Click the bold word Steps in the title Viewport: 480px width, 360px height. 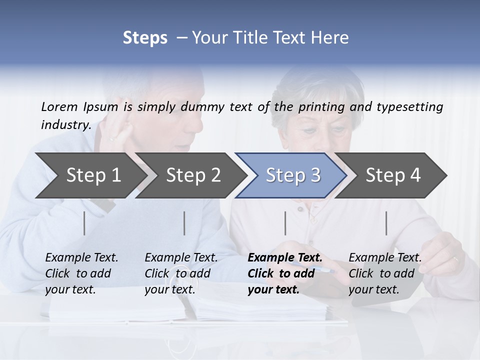[145, 38]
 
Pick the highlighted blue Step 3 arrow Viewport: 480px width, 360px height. [293, 175]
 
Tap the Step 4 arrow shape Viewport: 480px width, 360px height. [393, 175]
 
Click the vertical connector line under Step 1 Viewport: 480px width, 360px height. [84, 223]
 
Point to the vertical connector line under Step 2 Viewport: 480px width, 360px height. [184, 223]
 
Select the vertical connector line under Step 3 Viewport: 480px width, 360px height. [285, 223]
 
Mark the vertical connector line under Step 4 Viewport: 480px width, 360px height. [386, 223]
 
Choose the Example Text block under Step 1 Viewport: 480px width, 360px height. [81, 273]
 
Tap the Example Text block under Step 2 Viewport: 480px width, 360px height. [181, 273]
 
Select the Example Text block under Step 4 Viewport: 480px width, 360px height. [385, 273]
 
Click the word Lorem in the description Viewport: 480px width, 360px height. [59, 106]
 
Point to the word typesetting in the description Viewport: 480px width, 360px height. [410, 106]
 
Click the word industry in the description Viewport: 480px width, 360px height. [66, 124]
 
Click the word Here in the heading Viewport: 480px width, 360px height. [332, 38]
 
